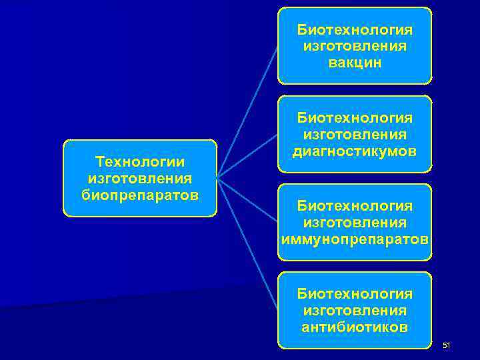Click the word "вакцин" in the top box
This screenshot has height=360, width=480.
355,62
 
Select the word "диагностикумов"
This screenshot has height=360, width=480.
355,151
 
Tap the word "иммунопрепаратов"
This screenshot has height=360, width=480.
355,238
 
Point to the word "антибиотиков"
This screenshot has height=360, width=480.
355,327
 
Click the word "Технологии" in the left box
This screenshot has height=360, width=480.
140,162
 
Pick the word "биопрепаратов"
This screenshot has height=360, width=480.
140,195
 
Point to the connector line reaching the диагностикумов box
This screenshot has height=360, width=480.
248,155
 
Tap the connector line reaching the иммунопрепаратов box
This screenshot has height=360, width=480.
248,200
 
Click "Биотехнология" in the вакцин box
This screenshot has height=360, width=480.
355,30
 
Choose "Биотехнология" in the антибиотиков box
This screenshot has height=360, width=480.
355,294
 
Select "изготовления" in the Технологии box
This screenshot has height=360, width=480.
140,178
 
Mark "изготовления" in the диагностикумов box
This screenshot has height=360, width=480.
355,135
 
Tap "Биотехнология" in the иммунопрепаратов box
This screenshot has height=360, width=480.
355,205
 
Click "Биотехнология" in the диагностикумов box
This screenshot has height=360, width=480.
355,118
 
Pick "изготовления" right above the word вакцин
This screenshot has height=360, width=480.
355,46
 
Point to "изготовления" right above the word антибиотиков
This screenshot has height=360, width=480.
355,311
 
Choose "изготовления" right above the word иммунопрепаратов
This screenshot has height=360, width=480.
355,221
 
